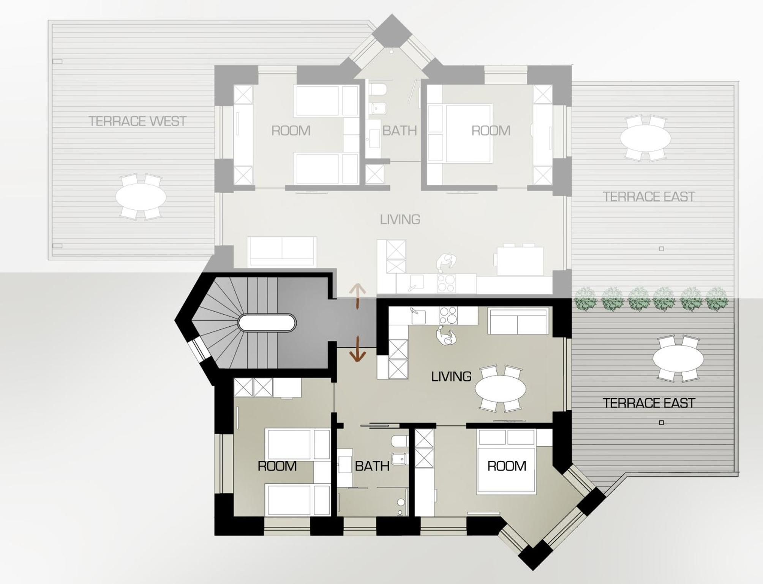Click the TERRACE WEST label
[x=137, y=121]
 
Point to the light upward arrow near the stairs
[x=357, y=296]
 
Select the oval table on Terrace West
[x=141, y=197]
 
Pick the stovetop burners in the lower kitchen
[x=448, y=315]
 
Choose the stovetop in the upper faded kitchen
[x=446, y=283]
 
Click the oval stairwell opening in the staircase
[x=267, y=323]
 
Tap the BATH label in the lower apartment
[x=372, y=466]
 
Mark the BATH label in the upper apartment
[x=400, y=131]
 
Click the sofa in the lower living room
[x=518, y=321]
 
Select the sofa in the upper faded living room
[x=282, y=251]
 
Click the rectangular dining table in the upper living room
[x=520, y=261]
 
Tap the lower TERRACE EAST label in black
[x=649, y=403]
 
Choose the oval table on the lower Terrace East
[x=678, y=358]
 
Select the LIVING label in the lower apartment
[x=451, y=376]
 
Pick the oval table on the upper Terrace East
[x=646, y=138]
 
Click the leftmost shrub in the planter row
[x=585, y=299]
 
